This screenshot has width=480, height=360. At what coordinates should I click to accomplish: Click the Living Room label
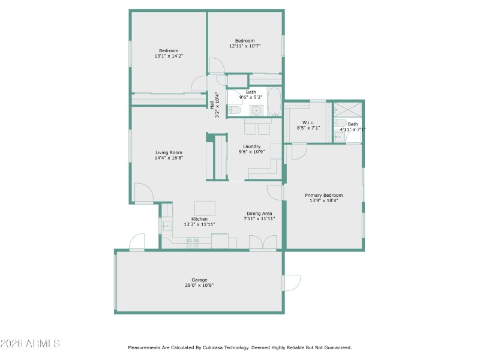tap(169, 152)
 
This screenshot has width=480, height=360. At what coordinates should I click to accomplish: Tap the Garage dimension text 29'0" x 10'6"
tap(199, 286)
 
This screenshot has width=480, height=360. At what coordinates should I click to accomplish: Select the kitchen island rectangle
tap(205, 208)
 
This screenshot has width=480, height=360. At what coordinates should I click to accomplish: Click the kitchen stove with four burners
tap(193, 242)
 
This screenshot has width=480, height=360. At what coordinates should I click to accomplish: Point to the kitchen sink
tap(166, 226)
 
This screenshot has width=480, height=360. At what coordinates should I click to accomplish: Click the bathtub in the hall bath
tap(274, 102)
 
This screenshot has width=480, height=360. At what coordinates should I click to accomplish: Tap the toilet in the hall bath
tap(235, 110)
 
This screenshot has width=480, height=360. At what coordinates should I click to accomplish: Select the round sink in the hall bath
tap(257, 110)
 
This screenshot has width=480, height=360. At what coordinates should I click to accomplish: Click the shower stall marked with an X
tap(348, 109)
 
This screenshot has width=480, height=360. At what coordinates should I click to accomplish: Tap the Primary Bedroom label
tap(323, 195)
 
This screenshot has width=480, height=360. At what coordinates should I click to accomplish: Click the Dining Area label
tap(259, 214)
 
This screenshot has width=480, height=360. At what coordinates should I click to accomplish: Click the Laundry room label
tap(251, 146)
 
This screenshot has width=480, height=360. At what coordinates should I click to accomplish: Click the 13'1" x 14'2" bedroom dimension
tap(169, 56)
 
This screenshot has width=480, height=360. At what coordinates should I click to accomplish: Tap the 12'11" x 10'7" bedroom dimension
tap(245, 46)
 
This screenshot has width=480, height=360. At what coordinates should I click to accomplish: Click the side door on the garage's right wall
tap(292, 283)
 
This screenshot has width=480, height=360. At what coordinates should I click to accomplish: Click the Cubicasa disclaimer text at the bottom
tap(239, 347)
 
